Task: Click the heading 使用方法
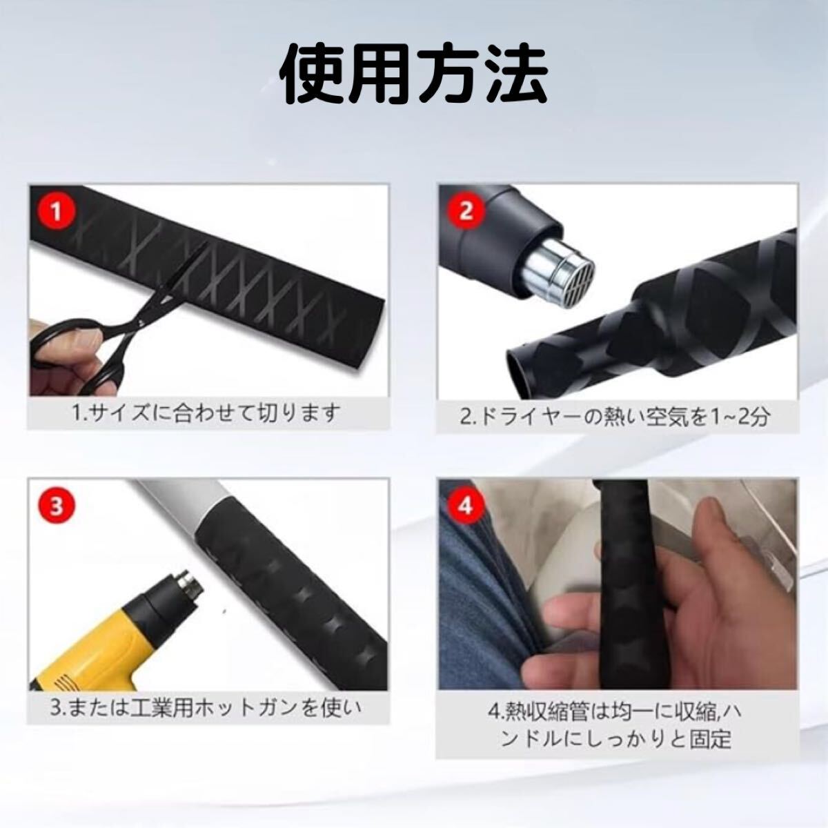coord(414,74)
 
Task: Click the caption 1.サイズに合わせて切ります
coord(207,413)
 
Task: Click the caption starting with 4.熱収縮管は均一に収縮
coord(614,724)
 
